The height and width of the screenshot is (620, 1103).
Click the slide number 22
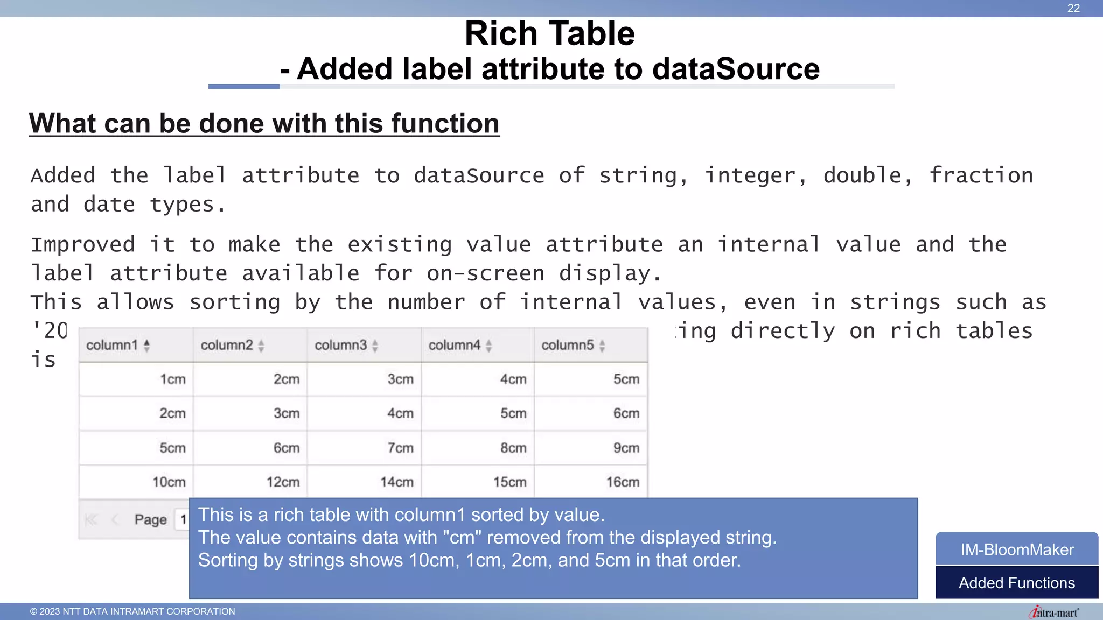tap(1073, 8)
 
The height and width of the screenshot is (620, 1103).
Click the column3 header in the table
tap(340, 345)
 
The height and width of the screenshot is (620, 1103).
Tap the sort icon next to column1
tap(146, 346)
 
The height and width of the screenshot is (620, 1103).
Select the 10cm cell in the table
tap(169, 482)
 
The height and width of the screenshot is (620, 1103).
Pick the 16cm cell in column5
tap(623, 482)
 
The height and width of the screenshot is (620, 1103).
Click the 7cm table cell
tap(400, 448)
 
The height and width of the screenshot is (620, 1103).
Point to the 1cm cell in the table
tap(172, 379)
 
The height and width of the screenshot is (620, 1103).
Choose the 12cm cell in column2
tap(283, 482)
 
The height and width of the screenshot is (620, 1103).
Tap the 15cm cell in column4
tap(509, 482)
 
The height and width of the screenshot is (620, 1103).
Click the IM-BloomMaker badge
tap(1017, 549)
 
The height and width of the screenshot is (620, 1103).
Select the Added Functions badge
tap(1017, 583)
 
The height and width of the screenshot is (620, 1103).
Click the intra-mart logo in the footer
tap(1053, 612)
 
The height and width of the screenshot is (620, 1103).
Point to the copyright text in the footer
tap(132, 611)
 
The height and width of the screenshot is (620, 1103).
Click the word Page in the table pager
tap(151, 520)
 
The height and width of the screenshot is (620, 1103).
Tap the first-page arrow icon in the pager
tap(91, 520)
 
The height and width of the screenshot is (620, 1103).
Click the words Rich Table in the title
tap(550, 33)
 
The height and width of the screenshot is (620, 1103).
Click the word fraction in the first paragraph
tap(981, 175)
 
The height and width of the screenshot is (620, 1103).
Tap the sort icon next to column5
tap(602, 346)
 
